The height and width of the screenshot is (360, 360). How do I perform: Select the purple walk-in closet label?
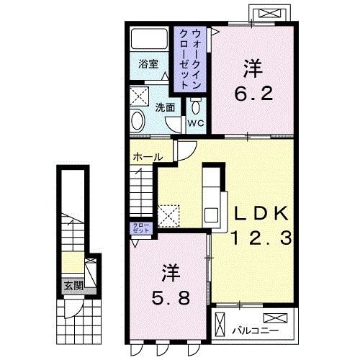[x=189, y=58]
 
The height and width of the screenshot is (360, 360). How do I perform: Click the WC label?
[x=197, y=123]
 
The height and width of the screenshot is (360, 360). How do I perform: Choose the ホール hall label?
[x=147, y=156]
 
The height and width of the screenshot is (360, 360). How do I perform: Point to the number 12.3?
[x=261, y=237]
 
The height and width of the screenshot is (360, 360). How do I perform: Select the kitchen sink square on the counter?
[x=212, y=214]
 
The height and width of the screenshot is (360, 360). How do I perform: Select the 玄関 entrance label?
[x=73, y=285]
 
